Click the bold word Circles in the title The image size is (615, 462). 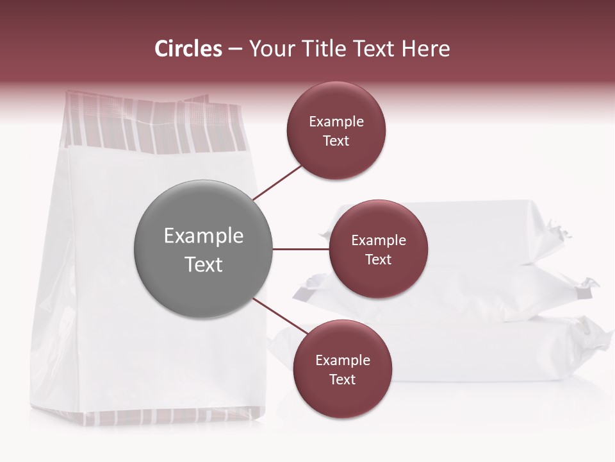188,49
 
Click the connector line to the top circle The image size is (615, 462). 277,182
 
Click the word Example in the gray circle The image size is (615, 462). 204,235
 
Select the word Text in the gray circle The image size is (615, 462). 204,264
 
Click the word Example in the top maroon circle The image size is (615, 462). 336,121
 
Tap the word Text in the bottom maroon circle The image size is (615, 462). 342,379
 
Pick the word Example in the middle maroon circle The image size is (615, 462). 379,240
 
